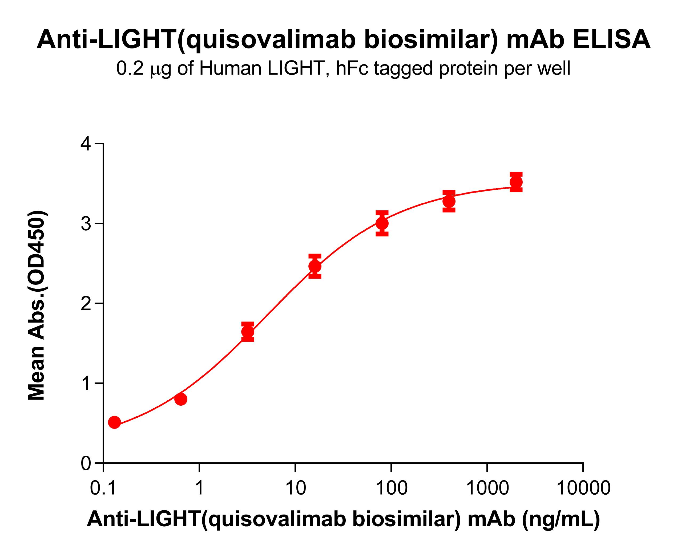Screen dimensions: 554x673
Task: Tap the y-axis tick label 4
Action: (86, 144)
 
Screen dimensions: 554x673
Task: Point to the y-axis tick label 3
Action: (86, 224)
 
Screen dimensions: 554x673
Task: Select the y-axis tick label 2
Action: (86, 304)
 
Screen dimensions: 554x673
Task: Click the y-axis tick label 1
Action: (86, 384)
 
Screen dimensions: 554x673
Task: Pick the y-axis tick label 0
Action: (86, 463)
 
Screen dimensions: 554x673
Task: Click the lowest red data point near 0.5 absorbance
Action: (114, 422)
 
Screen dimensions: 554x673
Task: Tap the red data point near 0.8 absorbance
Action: (181, 399)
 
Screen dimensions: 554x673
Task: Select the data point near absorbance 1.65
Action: (248, 332)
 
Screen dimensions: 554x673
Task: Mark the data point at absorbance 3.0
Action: (382, 223)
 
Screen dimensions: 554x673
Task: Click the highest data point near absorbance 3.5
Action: (516, 182)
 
